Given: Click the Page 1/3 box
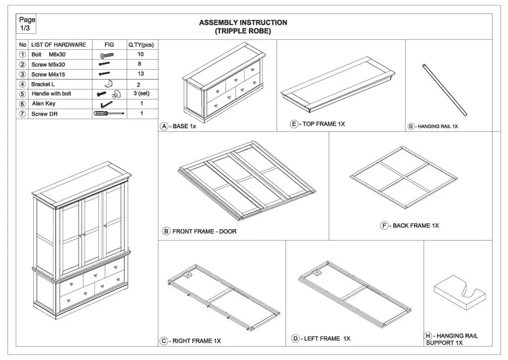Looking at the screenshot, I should pyautogui.click(x=27, y=24).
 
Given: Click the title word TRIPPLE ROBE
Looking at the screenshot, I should pyautogui.click(x=243, y=31).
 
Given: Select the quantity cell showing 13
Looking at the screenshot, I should pyautogui.click(x=141, y=74).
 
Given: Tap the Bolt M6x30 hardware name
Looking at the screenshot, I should pyautogui.click(x=48, y=55).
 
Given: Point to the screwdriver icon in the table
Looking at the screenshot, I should pyautogui.click(x=109, y=114).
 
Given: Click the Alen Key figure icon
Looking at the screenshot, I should pyautogui.click(x=106, y=104).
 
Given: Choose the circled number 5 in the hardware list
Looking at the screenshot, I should pyautogui.click(x=22, y=94).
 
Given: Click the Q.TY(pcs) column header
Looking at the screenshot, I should pyautogui.click(x=141, y=45).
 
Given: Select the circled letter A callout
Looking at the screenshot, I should pyautogui.click(x=164, y=126).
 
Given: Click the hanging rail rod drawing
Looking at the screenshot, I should pyautogui.click(x=444, y=90).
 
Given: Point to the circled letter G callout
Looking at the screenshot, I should pyautogui.click(x=411, y=127).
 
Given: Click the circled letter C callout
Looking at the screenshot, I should pyautogui.click(x=163, y=341).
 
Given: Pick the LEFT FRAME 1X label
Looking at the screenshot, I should pyautogui.click(x=327, y=339).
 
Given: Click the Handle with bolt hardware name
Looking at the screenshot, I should pyautogui.click(x=51, y=93).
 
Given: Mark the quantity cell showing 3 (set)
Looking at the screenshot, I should pyautogui.click(x=141, y=93).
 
